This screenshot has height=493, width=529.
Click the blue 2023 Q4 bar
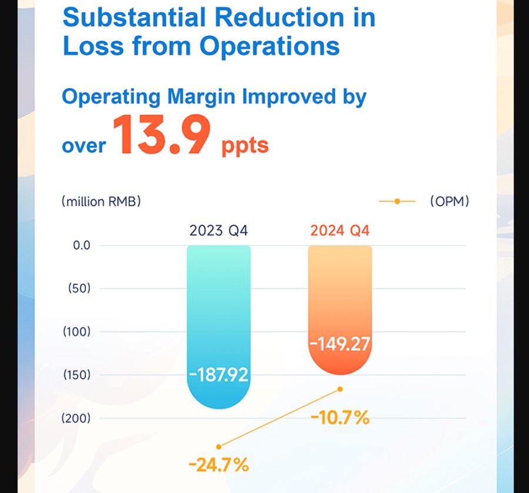(218, 306)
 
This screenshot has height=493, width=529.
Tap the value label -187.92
(219, 374)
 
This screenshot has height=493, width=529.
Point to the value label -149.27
(340, 343)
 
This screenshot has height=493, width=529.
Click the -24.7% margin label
(219, 466)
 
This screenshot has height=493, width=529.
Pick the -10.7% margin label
(340, 418)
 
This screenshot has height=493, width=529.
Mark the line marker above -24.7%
(219, 447)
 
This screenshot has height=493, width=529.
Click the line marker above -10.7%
(340, 389)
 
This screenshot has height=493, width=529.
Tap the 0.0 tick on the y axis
(82, 245)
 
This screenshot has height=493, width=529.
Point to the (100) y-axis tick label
(77, 332)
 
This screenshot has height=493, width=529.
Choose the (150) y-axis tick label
(77, 375)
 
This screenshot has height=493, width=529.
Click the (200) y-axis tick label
(77, 418)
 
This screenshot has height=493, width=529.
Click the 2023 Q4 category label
(219, 230)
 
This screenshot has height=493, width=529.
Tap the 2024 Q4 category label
(340, 230)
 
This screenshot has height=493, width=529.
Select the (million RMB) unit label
(101, 202)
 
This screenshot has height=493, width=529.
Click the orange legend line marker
(397, 202)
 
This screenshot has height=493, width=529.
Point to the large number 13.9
(162, 136)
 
